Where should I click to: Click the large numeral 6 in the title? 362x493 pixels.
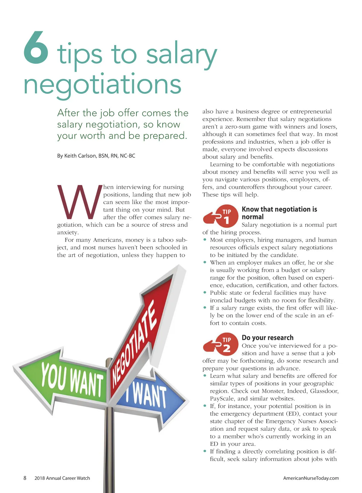point(36,48)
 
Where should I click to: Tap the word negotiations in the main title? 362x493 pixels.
point(103,84)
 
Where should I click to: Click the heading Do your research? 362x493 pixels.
point(268,338)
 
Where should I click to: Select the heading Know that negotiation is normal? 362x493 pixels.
point(279,213)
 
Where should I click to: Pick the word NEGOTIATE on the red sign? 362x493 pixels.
point(134,343)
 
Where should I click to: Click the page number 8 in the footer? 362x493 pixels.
point(25,478)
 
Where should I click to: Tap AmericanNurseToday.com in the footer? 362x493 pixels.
point(311,478)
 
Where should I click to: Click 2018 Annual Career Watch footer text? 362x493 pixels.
point(62,478)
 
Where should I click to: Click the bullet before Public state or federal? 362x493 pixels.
point(205,293)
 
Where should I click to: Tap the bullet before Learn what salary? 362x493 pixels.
point(205,376)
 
